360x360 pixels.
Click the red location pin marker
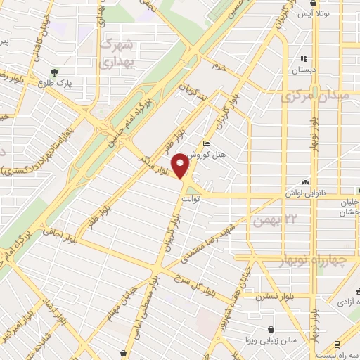pos(181,166)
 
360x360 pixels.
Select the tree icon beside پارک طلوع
pos(54,72)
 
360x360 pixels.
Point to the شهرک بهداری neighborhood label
pos(117,52)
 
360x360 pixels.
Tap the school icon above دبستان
pos(304,59)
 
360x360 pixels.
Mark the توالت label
pos(191,200)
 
